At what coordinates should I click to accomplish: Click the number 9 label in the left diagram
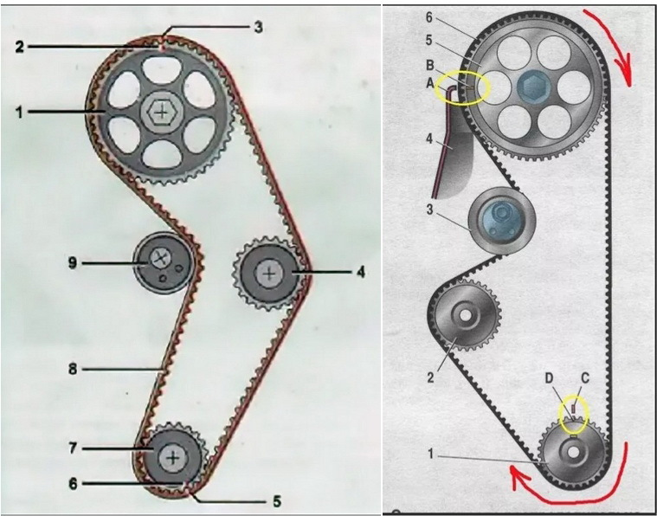point(73,264)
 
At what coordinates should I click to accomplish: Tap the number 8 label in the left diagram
point(73,370)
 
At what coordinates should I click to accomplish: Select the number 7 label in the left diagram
point(73,448)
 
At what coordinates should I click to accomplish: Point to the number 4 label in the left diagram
point(360,273)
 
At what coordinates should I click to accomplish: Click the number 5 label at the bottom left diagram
point(276,501)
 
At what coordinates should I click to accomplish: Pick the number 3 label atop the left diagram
point(259,28)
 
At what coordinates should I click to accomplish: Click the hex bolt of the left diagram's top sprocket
point(162,112)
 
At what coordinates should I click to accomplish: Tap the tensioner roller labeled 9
point(163,263)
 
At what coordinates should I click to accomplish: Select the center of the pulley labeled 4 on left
point(269,274)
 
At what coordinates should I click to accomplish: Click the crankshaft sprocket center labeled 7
point(172,458)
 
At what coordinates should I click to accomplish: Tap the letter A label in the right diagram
point(429,83)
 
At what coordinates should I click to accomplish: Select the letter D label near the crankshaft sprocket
point(550,378)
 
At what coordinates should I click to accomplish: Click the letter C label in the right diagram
point(585,378)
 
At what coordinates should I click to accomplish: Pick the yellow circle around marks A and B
point(462,72)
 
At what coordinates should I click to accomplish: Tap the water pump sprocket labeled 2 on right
point(464,315)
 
